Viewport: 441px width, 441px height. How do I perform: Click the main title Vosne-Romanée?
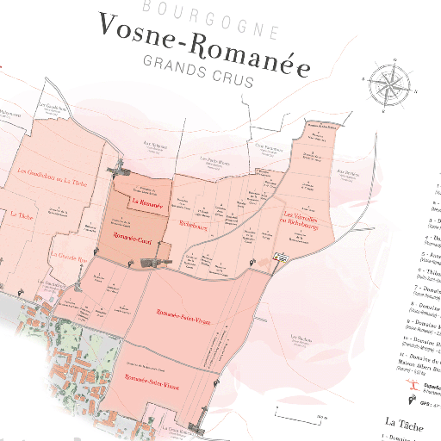click(203, 41)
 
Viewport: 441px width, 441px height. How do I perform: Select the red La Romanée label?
click(147, 201)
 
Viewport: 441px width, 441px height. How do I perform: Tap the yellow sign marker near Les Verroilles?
click(280, 256)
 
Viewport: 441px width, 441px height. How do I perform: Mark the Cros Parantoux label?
click(269, 148)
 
